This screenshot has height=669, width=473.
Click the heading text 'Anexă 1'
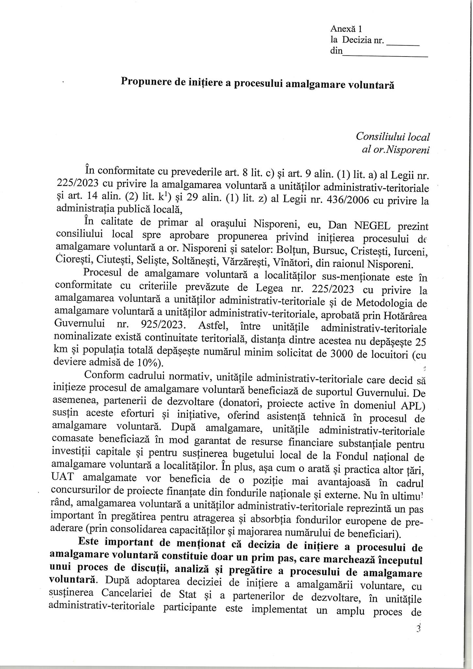click(x=344, y=29)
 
